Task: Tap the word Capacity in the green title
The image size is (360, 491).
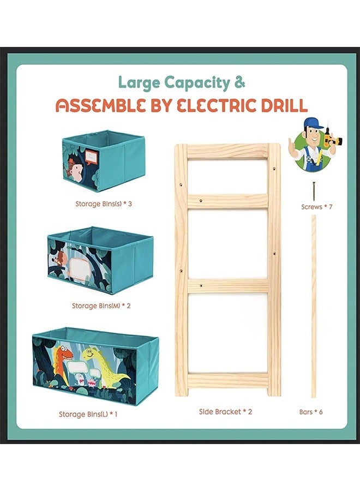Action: pos(197,83)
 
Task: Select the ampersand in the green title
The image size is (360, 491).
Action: pos(240,82)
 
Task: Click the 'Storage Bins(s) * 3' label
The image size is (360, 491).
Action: pos(104,204)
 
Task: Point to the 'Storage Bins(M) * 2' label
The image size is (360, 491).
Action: pos(101,306)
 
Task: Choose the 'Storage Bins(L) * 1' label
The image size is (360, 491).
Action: pos(88,414)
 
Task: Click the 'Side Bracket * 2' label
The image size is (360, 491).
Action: pos(225,412)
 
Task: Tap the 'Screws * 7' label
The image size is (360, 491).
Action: pos(317,207)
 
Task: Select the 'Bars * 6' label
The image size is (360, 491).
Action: pos(311,412)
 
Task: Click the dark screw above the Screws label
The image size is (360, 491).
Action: pos(313,191)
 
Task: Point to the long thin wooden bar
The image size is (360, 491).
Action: pos(314,306)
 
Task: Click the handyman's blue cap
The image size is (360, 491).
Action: pos(313,123)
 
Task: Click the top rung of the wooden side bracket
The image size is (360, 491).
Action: pos(227,152)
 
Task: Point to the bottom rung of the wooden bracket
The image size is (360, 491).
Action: pos(227,380)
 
